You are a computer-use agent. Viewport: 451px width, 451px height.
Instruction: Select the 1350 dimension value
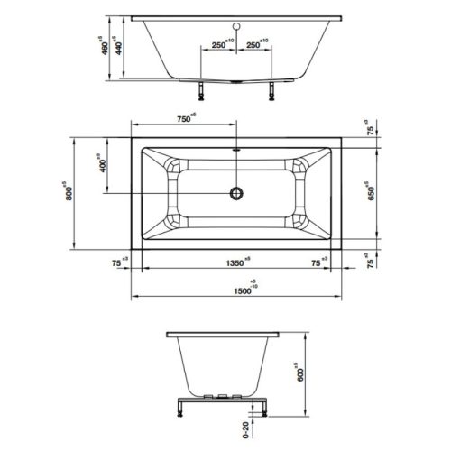pyautogui.click(x=233, y=263)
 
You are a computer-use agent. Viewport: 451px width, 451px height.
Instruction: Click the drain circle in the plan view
pyautogui.click(x=238, y=192)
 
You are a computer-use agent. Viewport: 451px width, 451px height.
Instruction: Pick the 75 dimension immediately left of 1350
pyautogui.click(x=117, y=263)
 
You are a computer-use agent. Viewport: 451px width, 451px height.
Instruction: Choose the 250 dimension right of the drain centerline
pyautogui.click(x=258, y=43)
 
